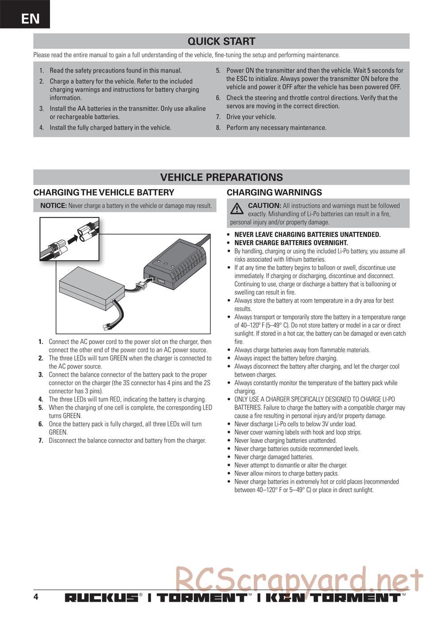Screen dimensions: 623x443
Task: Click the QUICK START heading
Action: tap(221, 41)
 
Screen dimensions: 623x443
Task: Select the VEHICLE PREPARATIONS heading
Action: tap(221, 177)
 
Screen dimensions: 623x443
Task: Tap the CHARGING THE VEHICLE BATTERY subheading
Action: tap(104, 192)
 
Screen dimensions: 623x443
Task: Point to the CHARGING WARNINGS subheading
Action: tap(274, 192)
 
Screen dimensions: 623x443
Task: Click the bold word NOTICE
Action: tap(53, 206)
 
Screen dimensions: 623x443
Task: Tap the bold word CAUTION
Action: tap(264, 206)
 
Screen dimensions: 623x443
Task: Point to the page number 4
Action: tap(36, 596)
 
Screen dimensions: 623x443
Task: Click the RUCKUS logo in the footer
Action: tap(101, 598)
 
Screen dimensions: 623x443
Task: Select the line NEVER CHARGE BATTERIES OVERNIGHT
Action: tap(291, 243)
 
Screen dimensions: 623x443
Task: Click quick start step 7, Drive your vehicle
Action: tap(251, 117)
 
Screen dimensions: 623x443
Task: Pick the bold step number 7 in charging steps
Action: tap(41, 440)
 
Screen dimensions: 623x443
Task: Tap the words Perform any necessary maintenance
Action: tap(276, 128)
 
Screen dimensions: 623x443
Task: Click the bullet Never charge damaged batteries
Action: tap(273, 457)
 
